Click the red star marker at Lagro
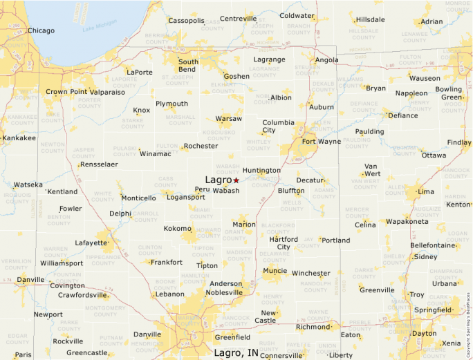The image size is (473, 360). tap(236, 180)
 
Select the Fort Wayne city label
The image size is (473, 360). tap(320, 142)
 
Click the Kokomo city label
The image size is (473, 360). tap(178, 228)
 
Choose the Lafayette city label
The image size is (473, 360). tap(91, 243)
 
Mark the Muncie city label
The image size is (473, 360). tap(275, 271)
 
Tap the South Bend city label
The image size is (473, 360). tap(188, 66)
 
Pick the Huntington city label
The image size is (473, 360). tap(261, 170)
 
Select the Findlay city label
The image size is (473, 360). tap(458, 142)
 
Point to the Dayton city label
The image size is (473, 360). tap(424, 334)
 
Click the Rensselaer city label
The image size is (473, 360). tap(99, 164)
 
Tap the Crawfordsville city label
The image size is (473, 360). tap(83, 294)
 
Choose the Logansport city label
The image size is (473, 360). tap(186, 197)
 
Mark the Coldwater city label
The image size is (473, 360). tap(297, 15)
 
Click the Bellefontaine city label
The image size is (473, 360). tap(433, 245)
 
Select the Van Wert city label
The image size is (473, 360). tap(371, 169)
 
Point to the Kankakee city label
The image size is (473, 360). tap(19, 138)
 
